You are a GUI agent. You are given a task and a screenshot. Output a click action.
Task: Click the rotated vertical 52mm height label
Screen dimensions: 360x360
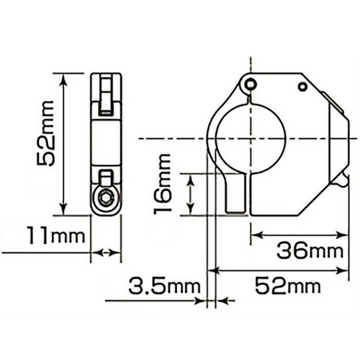(45, 133)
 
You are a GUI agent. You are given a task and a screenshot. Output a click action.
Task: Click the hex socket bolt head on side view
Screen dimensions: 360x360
(106, 199)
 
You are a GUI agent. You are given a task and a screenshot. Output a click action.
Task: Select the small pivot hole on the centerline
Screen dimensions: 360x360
(250, 84)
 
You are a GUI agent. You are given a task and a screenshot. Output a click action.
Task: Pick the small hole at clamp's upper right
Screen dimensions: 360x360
(302, 87)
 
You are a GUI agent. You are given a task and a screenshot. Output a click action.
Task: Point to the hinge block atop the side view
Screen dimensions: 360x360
(107, 94)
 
